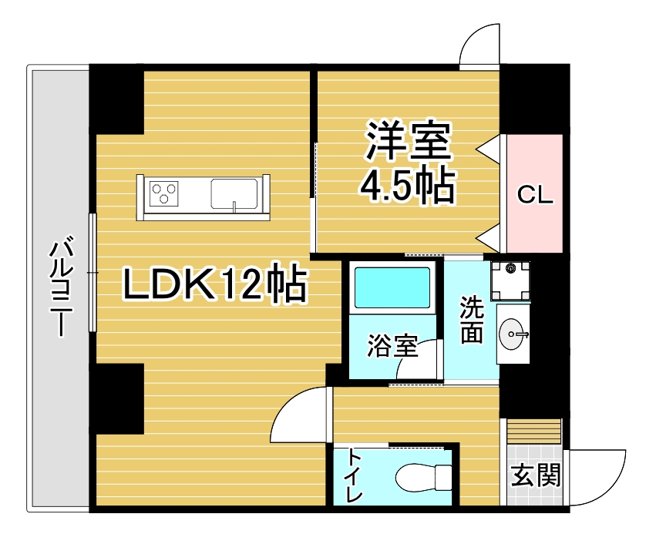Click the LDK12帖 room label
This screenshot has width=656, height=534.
(x=214, y=284)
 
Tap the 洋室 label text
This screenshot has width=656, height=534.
(x=409, y=141)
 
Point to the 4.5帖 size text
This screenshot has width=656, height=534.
(x=408, y=185)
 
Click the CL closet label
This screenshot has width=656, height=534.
(x=535, y=195)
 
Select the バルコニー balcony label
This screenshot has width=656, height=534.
(x=61, y=287)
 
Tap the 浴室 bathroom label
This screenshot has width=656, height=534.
(x=393, y=346)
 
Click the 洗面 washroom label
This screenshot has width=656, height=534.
(x=472, y=320)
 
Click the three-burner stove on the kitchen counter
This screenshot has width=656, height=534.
(x=164, y=193)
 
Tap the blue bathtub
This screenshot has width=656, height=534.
(x=392, y=287)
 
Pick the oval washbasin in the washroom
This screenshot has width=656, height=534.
(x=511, y=334)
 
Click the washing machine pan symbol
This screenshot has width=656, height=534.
(x=510, y=281)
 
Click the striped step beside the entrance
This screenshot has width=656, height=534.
(x=533, y=430)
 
